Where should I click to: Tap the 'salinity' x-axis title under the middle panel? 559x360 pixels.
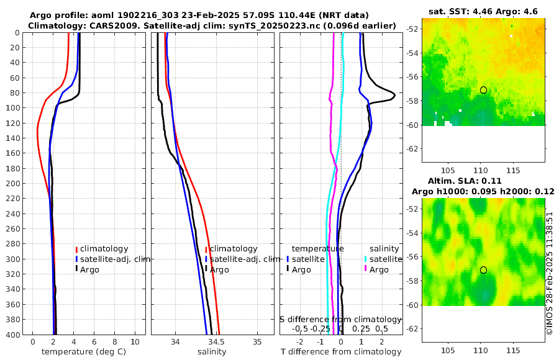point(212,352)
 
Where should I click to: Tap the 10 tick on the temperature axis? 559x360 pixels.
point(135,342)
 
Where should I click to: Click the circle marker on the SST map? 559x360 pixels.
point(483,90)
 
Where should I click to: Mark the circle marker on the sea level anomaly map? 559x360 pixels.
point(483,270)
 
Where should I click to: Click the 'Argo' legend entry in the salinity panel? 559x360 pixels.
point(219,270)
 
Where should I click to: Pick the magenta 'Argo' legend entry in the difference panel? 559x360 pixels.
point(379,270)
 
